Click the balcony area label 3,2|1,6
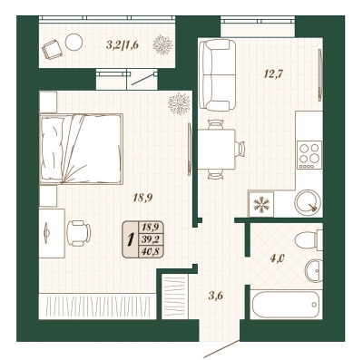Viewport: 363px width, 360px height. [123, 45]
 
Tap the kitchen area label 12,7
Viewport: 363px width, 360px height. [273, 73]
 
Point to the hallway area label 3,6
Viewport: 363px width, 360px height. [216, 296]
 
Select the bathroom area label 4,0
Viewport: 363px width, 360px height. [277, 258]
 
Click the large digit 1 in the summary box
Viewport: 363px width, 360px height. [131, 239]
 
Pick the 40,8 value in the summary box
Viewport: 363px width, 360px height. [151, 251]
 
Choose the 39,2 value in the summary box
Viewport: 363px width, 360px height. [151, 239]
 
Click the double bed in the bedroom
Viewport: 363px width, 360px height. [81, 149]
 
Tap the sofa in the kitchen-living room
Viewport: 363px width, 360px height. [217, 75]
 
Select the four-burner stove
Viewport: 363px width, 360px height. [309, 155]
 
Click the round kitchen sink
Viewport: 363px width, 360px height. [308, 202]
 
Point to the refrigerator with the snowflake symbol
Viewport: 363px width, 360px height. [261, 204]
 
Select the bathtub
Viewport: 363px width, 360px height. [286, 305]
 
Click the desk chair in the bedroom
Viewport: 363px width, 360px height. [78, 233]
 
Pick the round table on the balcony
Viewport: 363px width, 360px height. [74, 42]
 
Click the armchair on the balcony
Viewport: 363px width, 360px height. [53, 49]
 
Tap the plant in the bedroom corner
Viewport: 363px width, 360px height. [180, 103]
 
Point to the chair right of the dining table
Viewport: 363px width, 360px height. [241, 149]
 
